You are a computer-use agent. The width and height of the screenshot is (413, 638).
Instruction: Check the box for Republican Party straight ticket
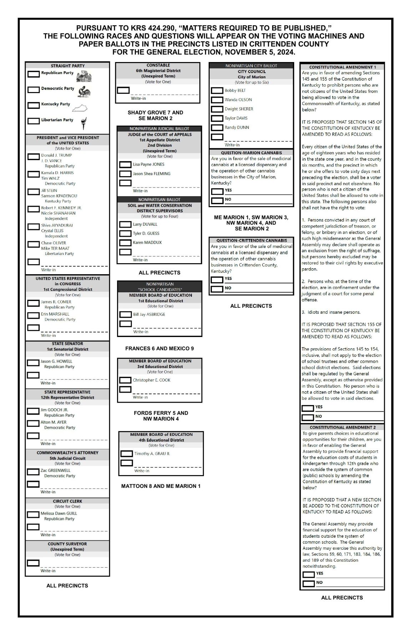pos(34,74)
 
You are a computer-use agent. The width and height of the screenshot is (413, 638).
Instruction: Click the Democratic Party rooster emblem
pos(84,91)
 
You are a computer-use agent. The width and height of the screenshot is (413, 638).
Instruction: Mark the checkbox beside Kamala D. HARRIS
pos(34,174)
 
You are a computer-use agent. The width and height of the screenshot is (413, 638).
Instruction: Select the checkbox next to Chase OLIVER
pos(34,244)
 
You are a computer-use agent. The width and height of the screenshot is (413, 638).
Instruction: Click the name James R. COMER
pos(56,302)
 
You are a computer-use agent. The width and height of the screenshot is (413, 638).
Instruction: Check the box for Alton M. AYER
pos(33,423)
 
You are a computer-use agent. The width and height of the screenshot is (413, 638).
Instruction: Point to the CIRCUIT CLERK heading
pos(67,501)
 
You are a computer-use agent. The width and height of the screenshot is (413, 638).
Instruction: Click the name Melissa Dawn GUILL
pos(58,513)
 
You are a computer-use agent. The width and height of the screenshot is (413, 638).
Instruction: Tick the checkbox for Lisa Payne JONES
pos(125,164)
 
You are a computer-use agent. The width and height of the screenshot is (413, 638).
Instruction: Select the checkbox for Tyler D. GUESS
pos(125,234)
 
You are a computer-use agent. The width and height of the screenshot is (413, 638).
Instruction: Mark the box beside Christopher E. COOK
pos(125,381)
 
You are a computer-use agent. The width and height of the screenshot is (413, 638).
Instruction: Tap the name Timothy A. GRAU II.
pos(152,454)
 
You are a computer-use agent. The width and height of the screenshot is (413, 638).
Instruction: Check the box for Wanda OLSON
pos(217,100)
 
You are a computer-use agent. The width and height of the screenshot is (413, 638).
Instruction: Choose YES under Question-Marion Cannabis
pos(217,192)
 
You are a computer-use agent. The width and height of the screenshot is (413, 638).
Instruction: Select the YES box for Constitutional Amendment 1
pos(308,408)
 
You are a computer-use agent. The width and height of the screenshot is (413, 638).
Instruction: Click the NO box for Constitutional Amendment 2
pos(309,584)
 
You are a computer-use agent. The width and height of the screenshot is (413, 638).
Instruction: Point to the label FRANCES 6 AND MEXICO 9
pos(159,348)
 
